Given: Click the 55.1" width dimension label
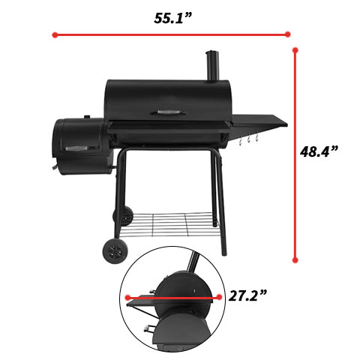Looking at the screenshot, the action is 172,18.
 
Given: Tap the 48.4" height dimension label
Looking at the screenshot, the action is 319,151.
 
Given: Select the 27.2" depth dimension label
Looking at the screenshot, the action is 247,295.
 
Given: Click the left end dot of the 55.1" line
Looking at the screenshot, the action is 55,34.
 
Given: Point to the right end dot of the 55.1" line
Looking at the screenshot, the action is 288,34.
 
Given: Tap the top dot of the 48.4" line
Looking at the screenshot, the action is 295,50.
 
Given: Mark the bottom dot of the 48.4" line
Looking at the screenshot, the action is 295,260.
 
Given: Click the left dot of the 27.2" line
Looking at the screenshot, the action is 127,298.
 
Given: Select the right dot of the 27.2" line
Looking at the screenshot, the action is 219,297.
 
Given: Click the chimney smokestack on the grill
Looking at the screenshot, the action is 212,65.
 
